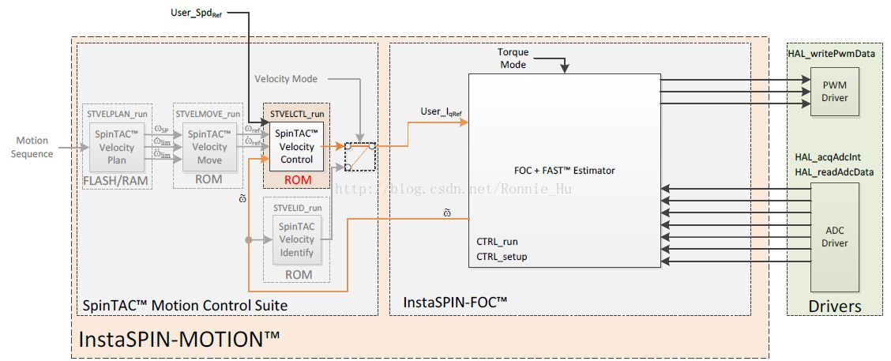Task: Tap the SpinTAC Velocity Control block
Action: point(296,147)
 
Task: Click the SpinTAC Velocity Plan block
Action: point(115,148)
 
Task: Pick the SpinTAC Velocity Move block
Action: point(209,148)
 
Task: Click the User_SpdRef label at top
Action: point(198,13)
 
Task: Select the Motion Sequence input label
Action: point(32,147)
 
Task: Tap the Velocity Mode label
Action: point(286,79)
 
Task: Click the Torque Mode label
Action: point(513,58)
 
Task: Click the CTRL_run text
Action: point(498,242)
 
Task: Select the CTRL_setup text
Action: point(502,256)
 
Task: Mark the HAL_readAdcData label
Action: point(834,172)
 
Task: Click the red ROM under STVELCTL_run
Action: point(297,180)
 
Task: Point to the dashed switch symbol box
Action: point(360,156)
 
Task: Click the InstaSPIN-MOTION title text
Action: point(179,340)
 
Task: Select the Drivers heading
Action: point(834,306)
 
